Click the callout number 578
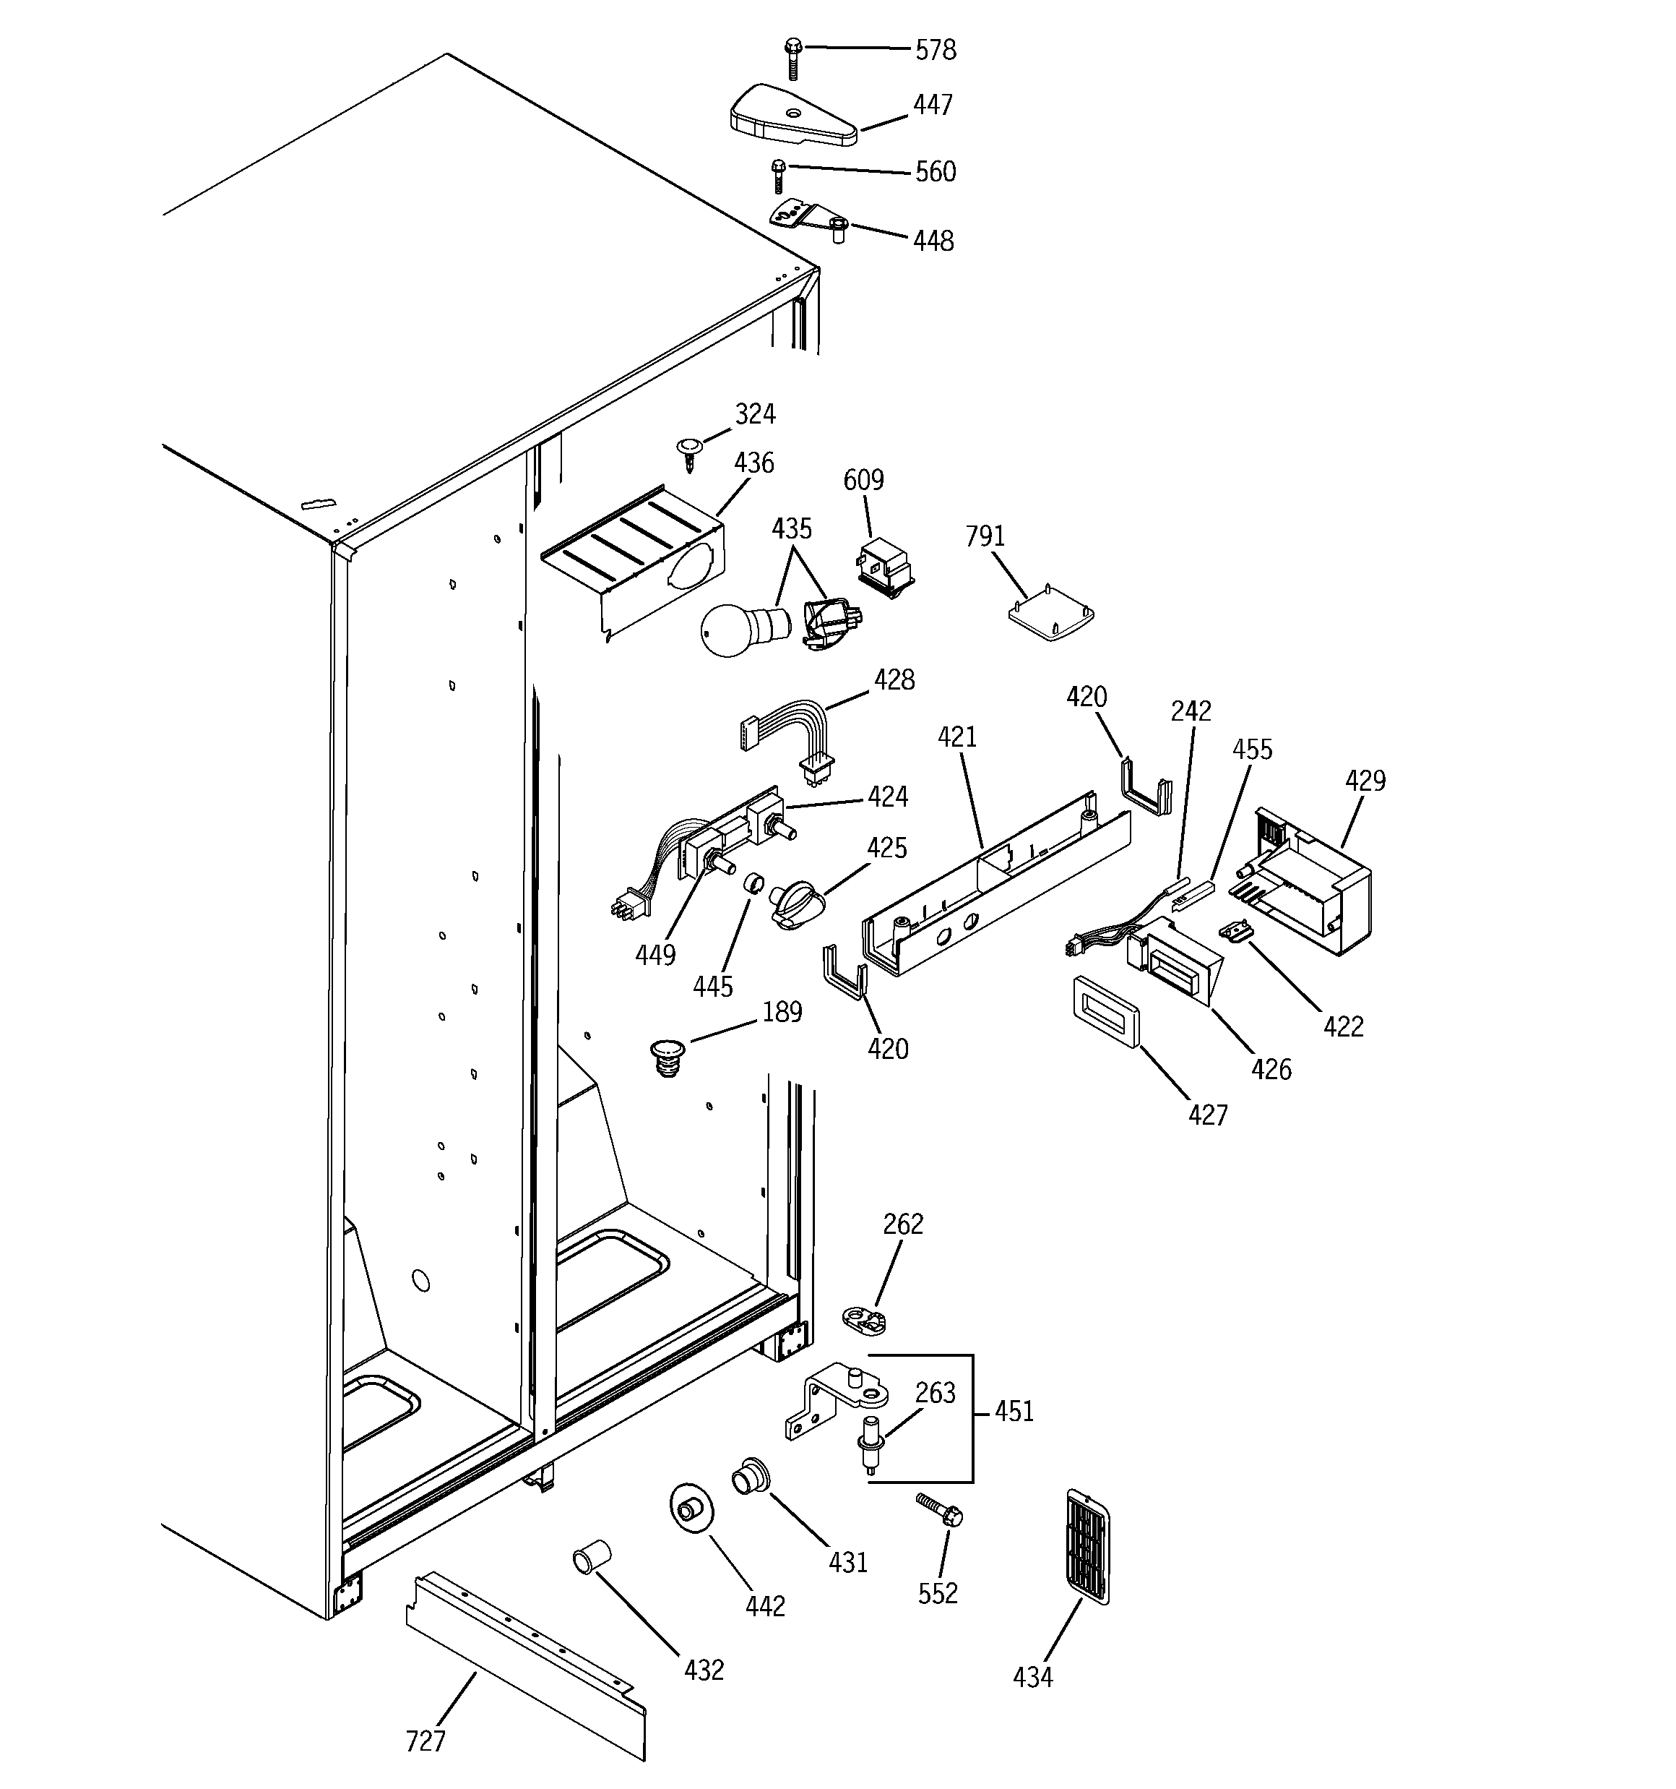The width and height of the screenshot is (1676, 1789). (x=935, y=51)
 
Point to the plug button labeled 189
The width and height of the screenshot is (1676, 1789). (x=668, y=1057)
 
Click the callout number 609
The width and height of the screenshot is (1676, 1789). (x=863, y=481)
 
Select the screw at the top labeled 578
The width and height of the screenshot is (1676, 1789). (x=792, y=58)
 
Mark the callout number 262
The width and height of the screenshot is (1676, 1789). (x=902, y=1224)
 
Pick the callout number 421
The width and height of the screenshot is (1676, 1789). (x=956, y=737)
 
